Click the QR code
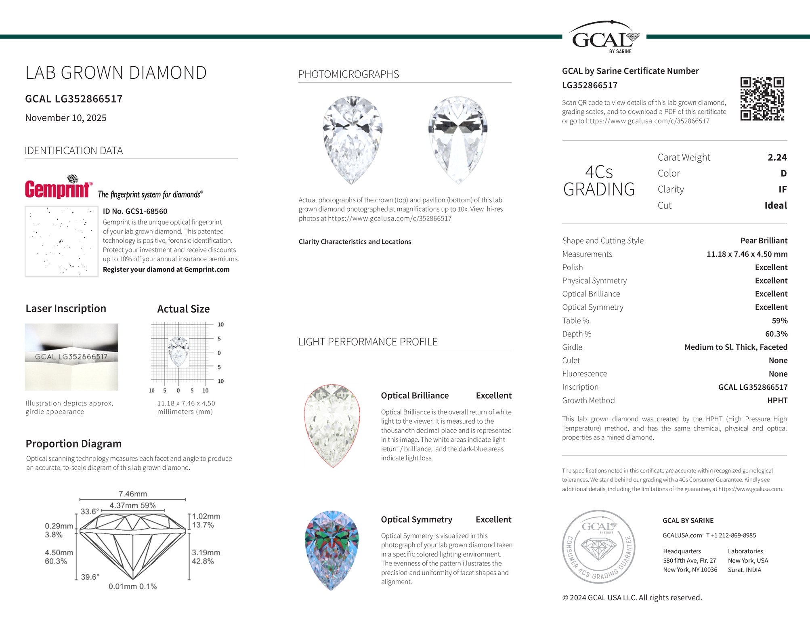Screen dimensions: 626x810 pyautogui.click(x=762, y=99)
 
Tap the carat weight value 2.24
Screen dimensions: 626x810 pyautogui.click(x=777, y=158)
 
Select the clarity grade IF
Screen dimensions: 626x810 pyautogui.click(x=782, y=189)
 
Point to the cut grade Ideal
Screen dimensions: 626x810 pyautogui.click(x=775, y=206)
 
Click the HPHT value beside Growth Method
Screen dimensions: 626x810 pyautogui.click(x=777, y=401)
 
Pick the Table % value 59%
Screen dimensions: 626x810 pyautogui.click(x=779, y=321)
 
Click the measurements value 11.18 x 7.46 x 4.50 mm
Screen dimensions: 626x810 pyautogui.click(x=747, y=254)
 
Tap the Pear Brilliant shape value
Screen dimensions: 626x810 pyautogui.click(x=764, y=241)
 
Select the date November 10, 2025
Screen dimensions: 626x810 pyautogui.click(x=66, y=118)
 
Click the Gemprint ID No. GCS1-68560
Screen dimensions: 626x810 pyautogui.click(x=135, y=211)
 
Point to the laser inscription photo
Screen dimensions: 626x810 pyautogui.click(x=71, y=357)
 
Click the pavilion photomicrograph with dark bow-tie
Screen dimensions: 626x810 pyautogui.click(x=458, y=140)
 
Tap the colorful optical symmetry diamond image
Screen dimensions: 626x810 pyautogui.click(x=332, y=550)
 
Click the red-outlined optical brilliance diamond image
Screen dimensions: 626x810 pyautogui.click(x=332, y=426)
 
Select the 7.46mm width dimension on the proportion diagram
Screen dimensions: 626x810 pyautogui.click(x=132, y=494)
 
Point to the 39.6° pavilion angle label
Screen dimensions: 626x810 pyautogui.click(x=90, y=577)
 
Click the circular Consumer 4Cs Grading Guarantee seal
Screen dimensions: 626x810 pyautogui.click(x=599, y=547)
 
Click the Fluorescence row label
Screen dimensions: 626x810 pyautogui.click(x=584, y=374)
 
